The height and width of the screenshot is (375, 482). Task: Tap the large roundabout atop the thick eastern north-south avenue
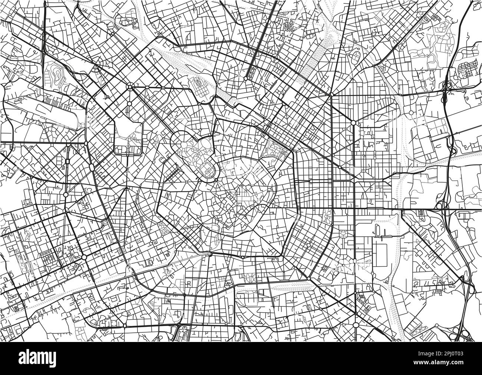[x=353, y=122]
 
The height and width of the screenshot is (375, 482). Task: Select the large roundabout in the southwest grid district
[x=84, y=257]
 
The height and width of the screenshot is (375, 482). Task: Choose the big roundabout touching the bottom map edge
[x=356, y=325]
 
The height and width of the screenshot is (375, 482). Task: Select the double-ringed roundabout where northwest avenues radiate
[x=130, y=87]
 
